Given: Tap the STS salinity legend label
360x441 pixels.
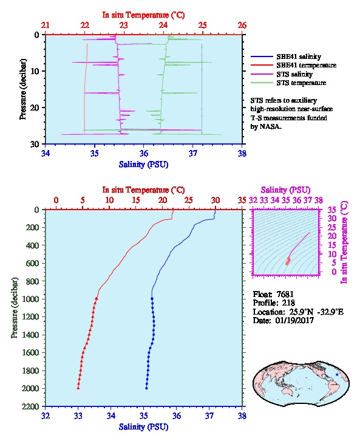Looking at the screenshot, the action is coord(294,74).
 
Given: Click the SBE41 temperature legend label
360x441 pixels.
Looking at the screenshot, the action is coord(307,65).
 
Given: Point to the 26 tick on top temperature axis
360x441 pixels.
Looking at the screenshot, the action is coord(242,26).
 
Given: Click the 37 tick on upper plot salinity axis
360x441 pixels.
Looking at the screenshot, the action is coord(193,154).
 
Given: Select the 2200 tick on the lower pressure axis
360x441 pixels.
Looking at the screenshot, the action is coord(30,406).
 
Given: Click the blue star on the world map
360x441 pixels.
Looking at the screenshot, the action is coord(337,375).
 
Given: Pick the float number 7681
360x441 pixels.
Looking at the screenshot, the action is coord(285,294).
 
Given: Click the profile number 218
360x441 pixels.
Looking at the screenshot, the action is coord(288,303).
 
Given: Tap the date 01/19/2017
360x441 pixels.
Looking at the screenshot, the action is coord(294,320).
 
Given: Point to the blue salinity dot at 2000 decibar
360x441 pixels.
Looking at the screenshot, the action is coord(146,388).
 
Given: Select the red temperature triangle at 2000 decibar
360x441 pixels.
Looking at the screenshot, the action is coord(78,388).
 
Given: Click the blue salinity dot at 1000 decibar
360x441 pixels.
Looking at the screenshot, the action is coord(152,299).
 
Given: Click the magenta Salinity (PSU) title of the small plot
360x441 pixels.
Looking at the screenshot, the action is coord(285,190).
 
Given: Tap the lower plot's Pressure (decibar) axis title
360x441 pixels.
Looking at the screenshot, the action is coord(15,308).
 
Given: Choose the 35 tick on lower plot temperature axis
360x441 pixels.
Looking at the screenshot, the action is coord(242,200).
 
